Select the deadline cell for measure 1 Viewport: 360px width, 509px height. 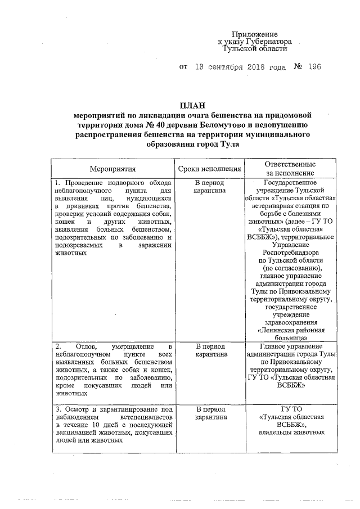209,187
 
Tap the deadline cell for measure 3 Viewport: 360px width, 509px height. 209,413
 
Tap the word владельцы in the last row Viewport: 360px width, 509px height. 269,433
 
